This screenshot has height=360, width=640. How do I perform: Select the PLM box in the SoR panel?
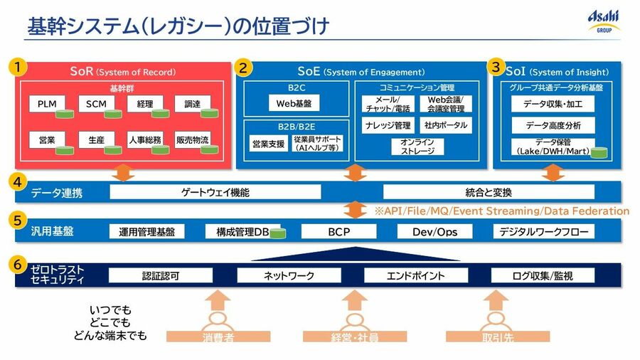click(47, 105)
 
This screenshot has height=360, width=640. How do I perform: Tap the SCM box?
click(95, 105)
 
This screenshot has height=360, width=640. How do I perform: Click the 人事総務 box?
click(144, 140)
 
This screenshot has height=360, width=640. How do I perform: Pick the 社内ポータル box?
click(446, 125)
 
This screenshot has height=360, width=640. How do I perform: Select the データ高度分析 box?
click(553, 125)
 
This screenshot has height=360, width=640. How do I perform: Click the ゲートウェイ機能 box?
click(215, 192)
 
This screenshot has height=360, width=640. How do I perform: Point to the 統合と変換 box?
click(489, 192)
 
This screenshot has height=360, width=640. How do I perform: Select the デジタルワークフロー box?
click(544, 231)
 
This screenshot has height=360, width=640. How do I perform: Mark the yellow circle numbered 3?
click(495, 67)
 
